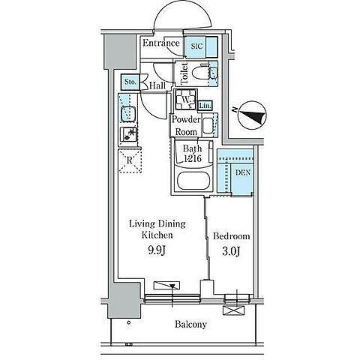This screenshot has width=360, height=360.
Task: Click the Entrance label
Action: (161, 43)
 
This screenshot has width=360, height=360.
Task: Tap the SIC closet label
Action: (197, 46)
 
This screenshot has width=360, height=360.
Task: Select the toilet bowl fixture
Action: (200, 73)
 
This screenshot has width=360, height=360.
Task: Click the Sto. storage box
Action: (130, 82)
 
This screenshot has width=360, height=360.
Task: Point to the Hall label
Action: (157, 85)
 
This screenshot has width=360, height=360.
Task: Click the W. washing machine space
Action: (186, 100)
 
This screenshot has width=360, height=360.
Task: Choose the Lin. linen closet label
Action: (205, 106)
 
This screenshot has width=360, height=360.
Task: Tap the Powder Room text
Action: (186, 125)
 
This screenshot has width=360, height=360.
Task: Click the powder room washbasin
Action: (208, 126)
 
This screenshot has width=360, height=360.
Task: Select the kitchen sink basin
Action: (128, 114)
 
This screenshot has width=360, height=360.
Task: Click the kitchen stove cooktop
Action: (128, 134)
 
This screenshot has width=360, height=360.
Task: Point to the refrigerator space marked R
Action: (130, 161)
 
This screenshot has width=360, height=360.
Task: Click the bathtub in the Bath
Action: (193, 181)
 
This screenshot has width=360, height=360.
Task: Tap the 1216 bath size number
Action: (193, 158)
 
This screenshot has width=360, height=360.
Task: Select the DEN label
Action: (243, 172)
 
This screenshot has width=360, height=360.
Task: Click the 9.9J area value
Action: (157, 250)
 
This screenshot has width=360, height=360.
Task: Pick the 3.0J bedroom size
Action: (231, 251)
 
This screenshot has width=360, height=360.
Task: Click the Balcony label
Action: (190, 325)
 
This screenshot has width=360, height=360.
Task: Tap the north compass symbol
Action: (252, 115)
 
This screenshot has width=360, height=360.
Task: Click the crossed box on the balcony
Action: (233, 310)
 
